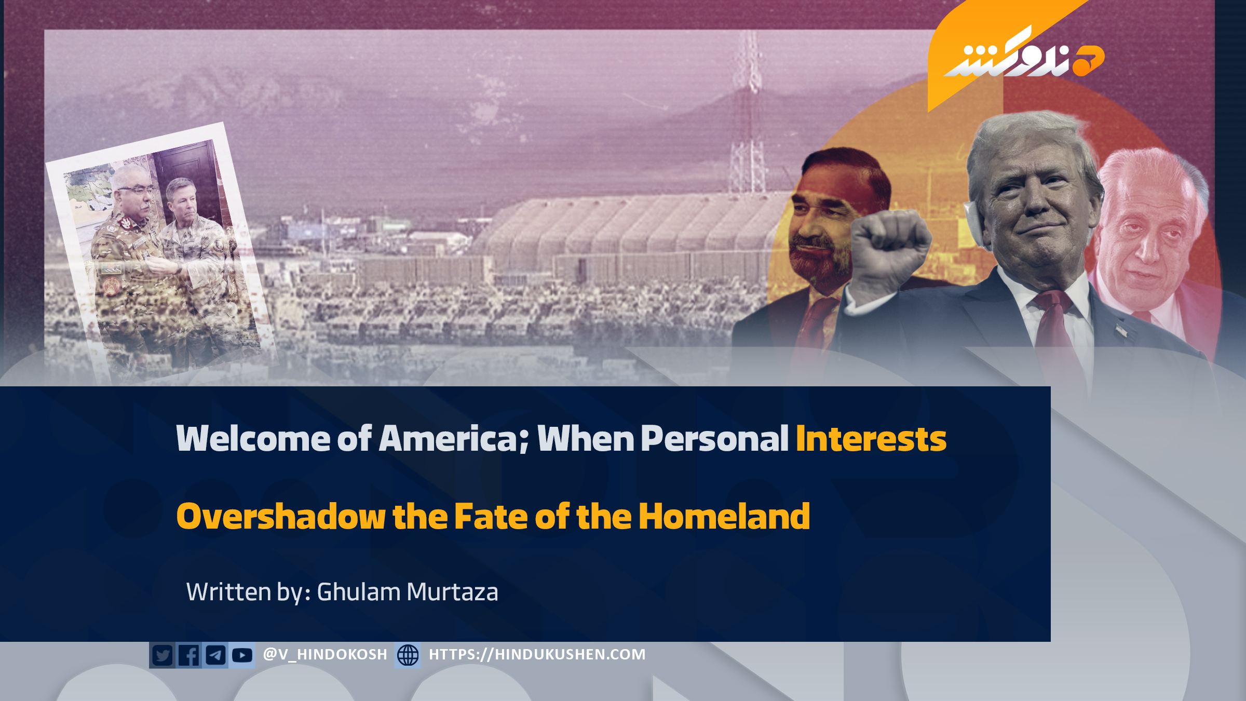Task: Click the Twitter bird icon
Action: tap(162, 655)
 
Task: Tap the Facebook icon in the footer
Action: tap(189, 655)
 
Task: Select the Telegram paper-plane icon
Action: tap(215, 655)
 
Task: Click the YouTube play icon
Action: tap(242, 655)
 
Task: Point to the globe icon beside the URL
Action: tap(408, 655)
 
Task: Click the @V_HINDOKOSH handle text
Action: tap(325, 654)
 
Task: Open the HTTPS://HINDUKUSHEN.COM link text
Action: tap(537, 654)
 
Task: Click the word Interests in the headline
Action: tap(871, 439)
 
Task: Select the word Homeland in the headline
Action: tap(724, 516)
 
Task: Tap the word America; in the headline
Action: tap(454, 439)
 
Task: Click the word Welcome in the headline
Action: tap(253, 439)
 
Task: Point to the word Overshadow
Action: tap(281, 516)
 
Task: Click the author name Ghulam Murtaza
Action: tap(408, 592)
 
